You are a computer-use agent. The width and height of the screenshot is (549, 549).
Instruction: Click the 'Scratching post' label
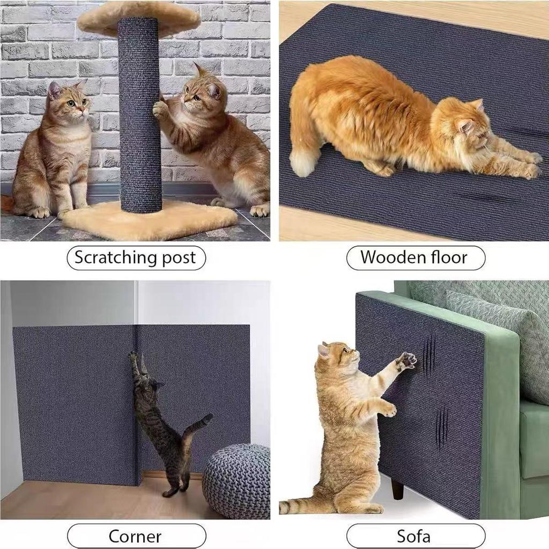(x=136, y=257)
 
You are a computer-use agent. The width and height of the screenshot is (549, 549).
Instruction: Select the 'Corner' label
(x=136, y=536)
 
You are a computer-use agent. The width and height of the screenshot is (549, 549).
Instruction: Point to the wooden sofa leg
(x=397, y=488)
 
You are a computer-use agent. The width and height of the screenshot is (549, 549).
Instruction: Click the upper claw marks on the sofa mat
(x=428, y=354)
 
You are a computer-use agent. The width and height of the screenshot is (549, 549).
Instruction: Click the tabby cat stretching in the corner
(x=161, y=424)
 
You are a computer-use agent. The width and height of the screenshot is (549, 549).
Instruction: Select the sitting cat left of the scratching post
(x=54, y=150)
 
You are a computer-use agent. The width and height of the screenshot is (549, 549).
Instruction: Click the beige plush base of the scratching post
(x=150, y=220)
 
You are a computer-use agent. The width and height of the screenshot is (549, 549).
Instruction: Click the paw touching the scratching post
(x=160, y=109)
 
